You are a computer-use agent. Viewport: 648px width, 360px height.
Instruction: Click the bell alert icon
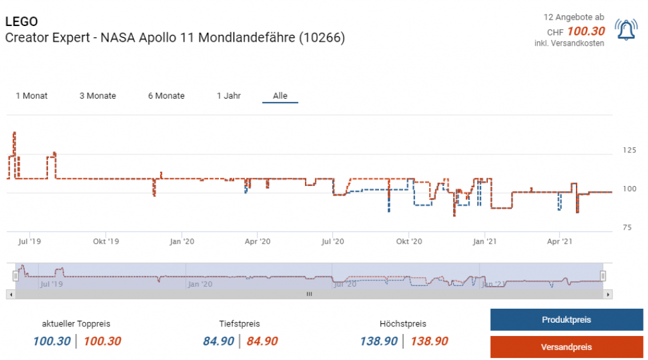(626, 30)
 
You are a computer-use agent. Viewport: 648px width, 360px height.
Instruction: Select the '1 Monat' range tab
(32, 96)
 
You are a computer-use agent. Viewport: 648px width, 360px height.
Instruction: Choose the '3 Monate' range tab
(97, 96)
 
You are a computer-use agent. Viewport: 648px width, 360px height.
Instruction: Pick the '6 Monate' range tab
(166, 96)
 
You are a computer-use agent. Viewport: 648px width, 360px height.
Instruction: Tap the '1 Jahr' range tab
(228, 96)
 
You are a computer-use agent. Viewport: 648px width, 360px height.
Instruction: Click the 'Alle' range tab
(280, 96)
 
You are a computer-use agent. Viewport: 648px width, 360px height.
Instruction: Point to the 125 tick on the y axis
(630, 151)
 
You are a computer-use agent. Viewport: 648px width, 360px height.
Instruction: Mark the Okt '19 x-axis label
(106, 241)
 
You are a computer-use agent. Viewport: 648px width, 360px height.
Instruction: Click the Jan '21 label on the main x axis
(484, 241)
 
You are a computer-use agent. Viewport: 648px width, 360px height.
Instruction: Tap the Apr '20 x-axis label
(258, 241)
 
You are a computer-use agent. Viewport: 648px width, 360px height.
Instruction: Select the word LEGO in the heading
(22, 22)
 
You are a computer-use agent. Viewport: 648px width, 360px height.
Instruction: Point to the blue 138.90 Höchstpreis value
(379, 342)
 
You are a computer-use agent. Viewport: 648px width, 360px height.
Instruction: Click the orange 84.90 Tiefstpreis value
(262, 342)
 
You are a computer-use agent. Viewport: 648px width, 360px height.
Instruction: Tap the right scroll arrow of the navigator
(608, 294)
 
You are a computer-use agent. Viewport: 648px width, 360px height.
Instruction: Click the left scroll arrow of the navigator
(9, 294)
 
